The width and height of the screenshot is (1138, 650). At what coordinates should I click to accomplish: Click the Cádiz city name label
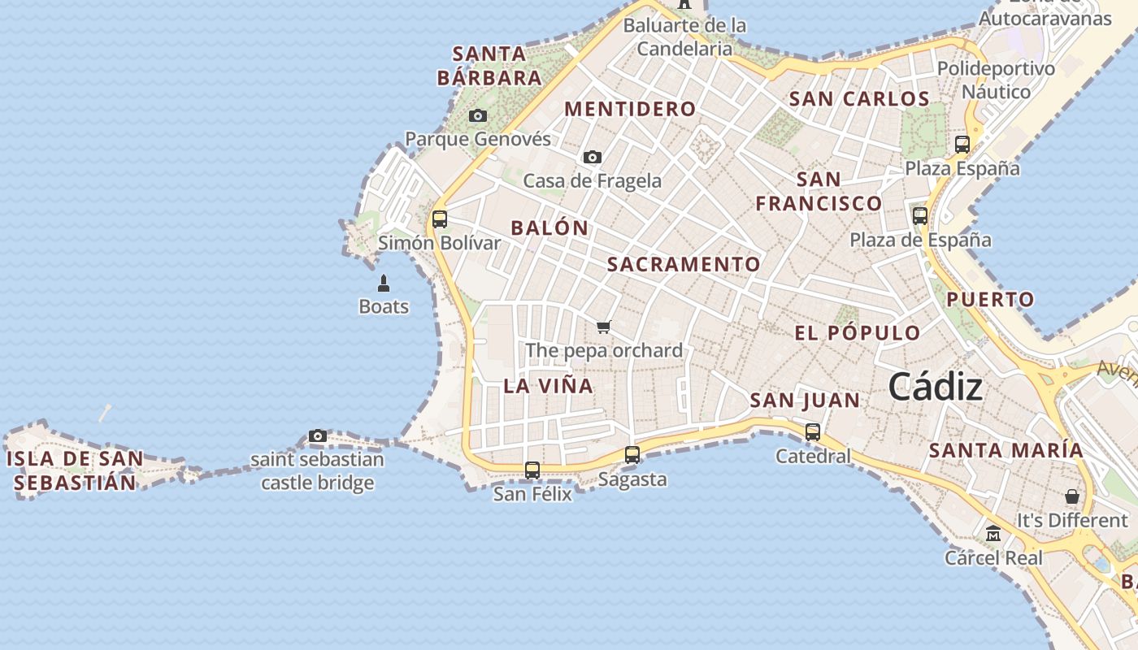[x=935, y=387]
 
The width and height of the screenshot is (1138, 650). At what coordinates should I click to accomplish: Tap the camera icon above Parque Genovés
[x=478, y=116]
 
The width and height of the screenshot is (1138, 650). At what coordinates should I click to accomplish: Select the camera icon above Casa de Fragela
[x=593, y=158]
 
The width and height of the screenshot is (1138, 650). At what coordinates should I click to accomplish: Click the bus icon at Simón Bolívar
[x=440, y=219]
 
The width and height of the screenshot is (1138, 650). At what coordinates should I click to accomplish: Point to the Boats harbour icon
[x=384, y=284]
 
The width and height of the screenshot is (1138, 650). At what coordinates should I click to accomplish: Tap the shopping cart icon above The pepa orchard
[x=603, y=327]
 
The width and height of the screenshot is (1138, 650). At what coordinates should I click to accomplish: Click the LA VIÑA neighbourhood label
[x=548, y=386]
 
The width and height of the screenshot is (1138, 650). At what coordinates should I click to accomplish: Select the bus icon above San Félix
[x=532, y=470]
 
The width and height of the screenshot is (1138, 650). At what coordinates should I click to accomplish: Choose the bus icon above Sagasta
[x=632, y=456]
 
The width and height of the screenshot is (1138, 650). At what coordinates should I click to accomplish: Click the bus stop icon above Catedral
[x=813, y=433]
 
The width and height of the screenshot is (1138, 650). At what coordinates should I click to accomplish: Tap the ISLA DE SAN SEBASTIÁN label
[x=76, y=470]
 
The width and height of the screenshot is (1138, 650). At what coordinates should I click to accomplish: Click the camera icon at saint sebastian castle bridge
[x=318, y=436]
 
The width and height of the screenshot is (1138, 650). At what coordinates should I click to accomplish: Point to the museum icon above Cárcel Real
[x=993, y=535]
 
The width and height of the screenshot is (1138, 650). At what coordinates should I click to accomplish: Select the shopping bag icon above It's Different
[x=1072, y=496]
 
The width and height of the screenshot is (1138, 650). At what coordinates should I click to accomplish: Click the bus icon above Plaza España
[x=962, y=145]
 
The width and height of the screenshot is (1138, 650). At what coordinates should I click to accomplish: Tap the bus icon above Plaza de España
[x=920, y=216]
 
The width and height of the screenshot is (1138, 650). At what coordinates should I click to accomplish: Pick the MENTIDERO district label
[x=630, y=109]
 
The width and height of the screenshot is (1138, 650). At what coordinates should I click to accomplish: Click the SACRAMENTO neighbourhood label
[x=684, y=264]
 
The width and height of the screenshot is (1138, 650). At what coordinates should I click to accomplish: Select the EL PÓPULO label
[x=857, y=332]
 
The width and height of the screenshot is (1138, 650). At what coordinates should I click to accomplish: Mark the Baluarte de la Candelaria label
[x=684, y=37]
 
